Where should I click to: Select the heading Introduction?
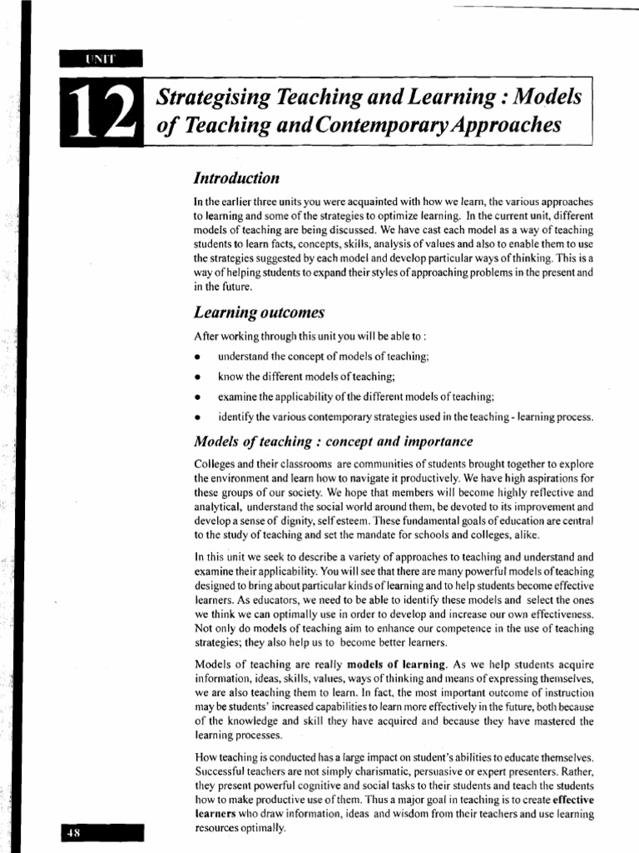point(235,178)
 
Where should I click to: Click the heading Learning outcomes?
point(258,312)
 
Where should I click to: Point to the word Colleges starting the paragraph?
point(213,463)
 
